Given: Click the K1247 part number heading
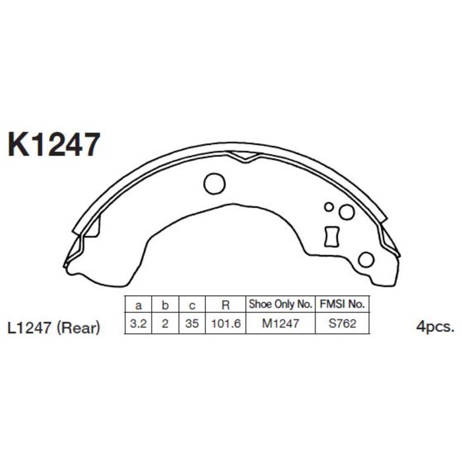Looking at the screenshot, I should [54, 144].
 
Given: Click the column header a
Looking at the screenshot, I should [139, 306].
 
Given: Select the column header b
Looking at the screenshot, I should [165, 306].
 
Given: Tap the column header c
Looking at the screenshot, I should [191, 306].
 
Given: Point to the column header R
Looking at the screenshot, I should [226, 306].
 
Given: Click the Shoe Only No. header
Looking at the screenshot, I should [280, 305].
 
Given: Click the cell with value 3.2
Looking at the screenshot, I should [139, 325].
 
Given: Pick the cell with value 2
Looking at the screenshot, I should [165, 325].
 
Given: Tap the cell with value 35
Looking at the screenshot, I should [191, 325].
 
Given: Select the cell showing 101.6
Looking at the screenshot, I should [226, 325].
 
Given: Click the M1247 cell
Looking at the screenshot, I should [280, 325].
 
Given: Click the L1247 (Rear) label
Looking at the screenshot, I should [54, 327].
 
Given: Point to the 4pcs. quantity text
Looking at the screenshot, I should [436, 327].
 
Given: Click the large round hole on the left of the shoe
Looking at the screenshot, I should [214, 183].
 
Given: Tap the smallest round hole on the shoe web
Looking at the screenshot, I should [329, 207].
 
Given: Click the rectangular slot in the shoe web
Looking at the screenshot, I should [331, 235].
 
